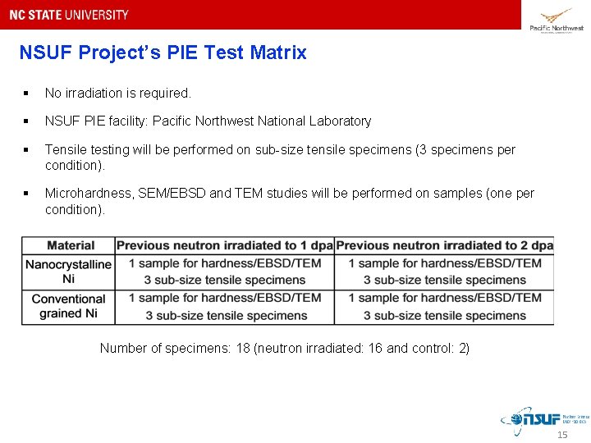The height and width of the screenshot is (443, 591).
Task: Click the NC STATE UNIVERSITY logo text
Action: tap(69, 15)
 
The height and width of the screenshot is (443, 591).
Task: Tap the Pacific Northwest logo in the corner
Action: tap(556, 18)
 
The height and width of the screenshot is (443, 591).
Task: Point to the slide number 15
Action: tap(562, 435)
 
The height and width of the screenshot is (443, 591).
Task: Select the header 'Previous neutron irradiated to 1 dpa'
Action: tap(224, 245)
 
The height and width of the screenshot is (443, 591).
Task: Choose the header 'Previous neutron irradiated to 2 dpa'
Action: tap(444, 245)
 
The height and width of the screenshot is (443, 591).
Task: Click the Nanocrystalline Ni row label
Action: tap(68, 272)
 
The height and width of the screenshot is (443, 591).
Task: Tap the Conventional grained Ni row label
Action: tap(68, 306)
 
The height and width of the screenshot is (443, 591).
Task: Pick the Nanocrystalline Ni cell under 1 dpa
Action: tap(224, 272)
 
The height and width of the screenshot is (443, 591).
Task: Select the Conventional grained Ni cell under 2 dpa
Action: tap(444, 306)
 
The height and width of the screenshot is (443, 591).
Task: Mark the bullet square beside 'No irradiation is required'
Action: tap(28, 94)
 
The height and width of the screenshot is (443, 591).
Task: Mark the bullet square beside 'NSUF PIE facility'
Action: tap(28, 121)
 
